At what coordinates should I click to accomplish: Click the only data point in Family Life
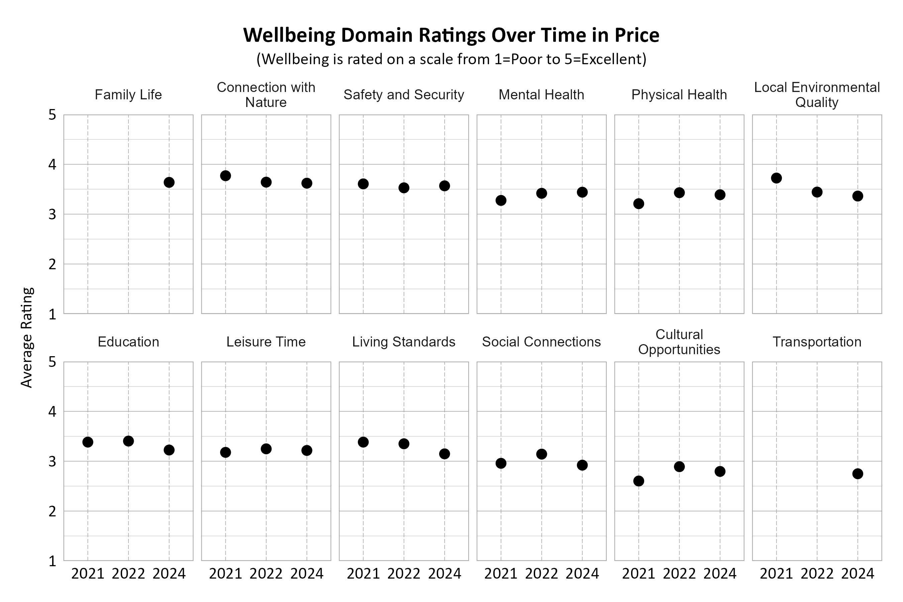click(x=169, y=182)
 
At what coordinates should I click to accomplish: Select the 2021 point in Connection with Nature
click(x=225, y=176)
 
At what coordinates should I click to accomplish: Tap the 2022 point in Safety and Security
click(x=404, y=188)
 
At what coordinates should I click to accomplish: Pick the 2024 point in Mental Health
click(x=582, y=192)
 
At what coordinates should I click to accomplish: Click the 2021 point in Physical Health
click(x=638, y=203)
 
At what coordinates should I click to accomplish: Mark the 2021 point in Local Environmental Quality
click(x=776, y=178)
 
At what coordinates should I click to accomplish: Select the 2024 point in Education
click(x=169, y=450)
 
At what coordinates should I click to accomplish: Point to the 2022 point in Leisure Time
click(x=266, y=449)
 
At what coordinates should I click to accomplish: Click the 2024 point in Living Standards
click(x=444, y=454)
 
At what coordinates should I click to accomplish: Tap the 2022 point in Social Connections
click(x=541, y=454)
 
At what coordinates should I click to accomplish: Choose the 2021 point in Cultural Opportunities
click(x=638, y=481)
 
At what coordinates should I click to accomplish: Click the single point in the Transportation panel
click(x=858, y=474)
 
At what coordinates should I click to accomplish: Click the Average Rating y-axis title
click(x=27, y=337)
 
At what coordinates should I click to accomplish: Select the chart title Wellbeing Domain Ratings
click(x=451, y=35)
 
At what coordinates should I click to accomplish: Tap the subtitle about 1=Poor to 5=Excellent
click(x=451, y=59)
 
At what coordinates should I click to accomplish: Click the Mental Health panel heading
click(x=541, y=95)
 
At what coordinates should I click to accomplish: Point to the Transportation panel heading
click(x=817, y=342)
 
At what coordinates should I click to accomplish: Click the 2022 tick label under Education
click(x=128, y=574)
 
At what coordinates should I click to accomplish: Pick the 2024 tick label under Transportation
click(x=858, y=574)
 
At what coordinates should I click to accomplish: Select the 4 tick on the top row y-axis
click(x=52, y=165)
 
